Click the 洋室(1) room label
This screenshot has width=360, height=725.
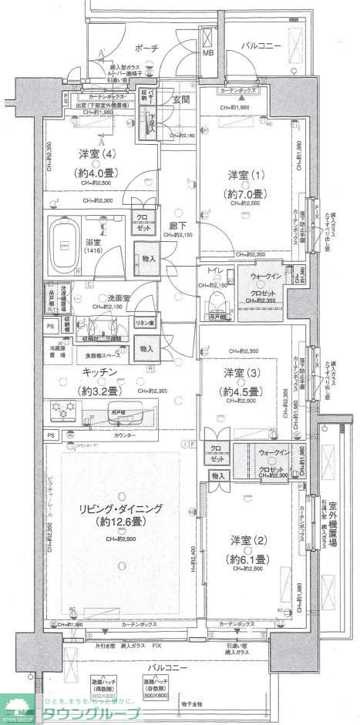coord(240,175)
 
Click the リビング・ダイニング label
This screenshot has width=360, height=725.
coord(113,509)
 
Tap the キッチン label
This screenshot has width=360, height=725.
coord(97,371)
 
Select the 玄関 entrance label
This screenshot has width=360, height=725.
coord(181,100)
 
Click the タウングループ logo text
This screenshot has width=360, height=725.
coord(86,713)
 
